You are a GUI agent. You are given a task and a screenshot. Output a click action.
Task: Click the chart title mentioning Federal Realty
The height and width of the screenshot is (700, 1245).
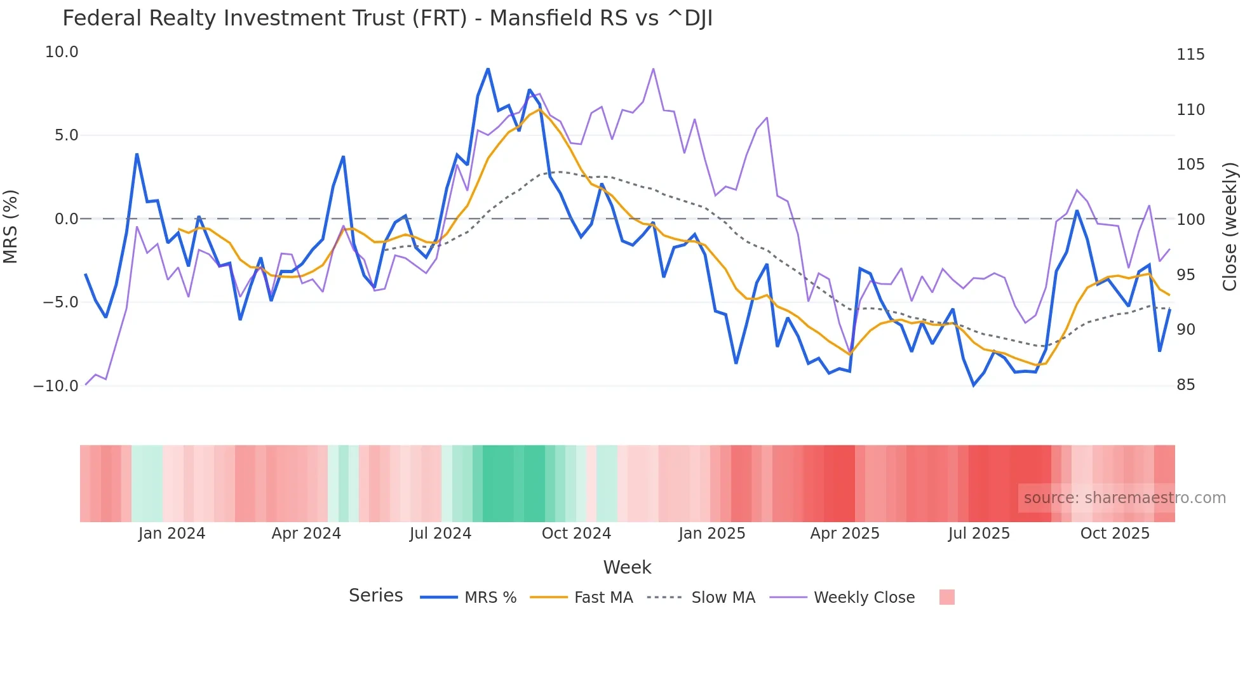[x=387, y=18]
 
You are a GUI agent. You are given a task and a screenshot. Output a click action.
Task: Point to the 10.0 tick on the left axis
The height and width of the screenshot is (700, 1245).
[x=62, y=52]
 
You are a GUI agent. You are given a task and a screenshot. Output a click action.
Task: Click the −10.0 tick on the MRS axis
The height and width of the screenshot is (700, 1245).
[x=56, y=386]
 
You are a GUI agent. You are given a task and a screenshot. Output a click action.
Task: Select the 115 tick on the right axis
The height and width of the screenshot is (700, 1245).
[x=1190, y=55]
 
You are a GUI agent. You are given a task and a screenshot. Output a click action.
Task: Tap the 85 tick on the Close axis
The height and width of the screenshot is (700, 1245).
[x=1185, y=385]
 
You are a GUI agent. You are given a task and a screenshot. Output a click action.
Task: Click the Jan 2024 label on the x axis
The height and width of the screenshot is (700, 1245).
[x=172, y=534]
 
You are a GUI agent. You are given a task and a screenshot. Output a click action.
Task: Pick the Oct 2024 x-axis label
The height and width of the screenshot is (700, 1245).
[x=576, y=534]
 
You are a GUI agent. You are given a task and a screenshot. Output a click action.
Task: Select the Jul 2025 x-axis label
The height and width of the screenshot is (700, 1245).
[x=979, y=534]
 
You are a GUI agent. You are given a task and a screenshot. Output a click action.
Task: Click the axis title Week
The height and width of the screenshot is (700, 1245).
[x=627, y=567]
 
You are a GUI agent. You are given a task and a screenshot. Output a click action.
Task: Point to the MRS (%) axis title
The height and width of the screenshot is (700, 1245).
[x=11, y=226]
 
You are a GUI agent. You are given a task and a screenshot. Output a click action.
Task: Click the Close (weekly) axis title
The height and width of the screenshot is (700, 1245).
[x=1230, y=226]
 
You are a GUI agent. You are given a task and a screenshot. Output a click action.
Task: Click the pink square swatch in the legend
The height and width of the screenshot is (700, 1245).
[x=946, y=597]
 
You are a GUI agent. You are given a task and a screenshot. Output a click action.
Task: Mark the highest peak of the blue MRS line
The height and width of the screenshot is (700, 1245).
[x=488, y=69]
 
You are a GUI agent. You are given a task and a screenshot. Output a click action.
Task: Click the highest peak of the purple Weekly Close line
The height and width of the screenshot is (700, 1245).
[x=653, y=69]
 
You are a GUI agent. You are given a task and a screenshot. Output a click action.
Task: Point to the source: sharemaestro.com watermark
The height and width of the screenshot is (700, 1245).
[x=1124, y=498]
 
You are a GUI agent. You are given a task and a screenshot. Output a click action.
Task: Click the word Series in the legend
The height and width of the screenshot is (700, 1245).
[x=375, y=596]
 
